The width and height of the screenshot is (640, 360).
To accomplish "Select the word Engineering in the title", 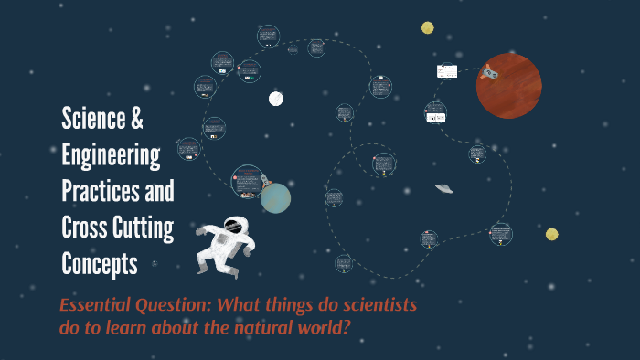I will (111, 156).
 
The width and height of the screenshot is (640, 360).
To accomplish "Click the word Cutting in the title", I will (143, 228).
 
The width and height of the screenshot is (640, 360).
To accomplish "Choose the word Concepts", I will (99, 264).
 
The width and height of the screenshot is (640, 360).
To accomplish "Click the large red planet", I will (509, 86).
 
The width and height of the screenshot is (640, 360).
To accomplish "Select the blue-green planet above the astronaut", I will (275, 197).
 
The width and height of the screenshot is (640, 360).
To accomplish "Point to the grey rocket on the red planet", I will (492, 72).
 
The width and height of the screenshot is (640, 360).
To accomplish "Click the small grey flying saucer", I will (444, 188).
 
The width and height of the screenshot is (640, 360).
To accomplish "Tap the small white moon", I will (275, 98).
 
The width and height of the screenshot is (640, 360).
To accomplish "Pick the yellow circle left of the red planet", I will (428, 27).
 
